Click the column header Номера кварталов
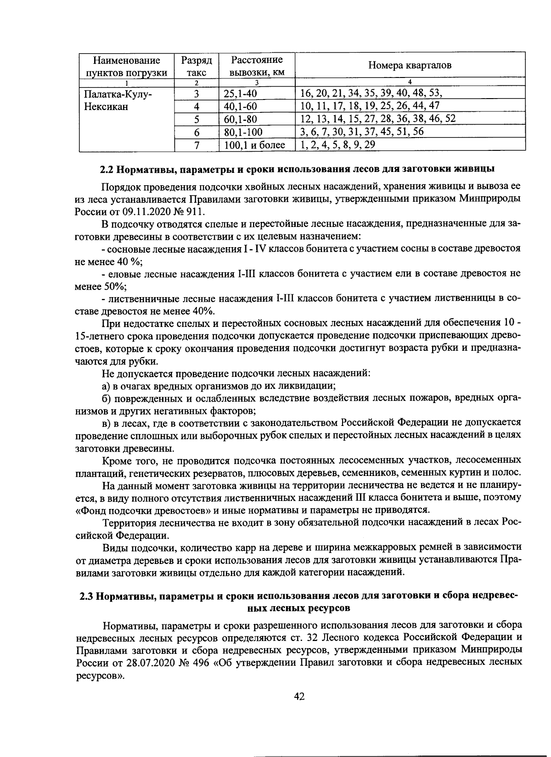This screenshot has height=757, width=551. click(410, 66)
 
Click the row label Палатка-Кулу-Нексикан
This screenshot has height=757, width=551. click(118, 100)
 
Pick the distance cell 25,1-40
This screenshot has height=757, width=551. click(240, 94)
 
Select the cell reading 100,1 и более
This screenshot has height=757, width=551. click(254, 145)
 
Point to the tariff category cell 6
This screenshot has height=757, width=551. click(196, 133)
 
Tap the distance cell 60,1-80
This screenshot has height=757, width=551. click(240, 120)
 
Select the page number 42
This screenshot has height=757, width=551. click(299, 696)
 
